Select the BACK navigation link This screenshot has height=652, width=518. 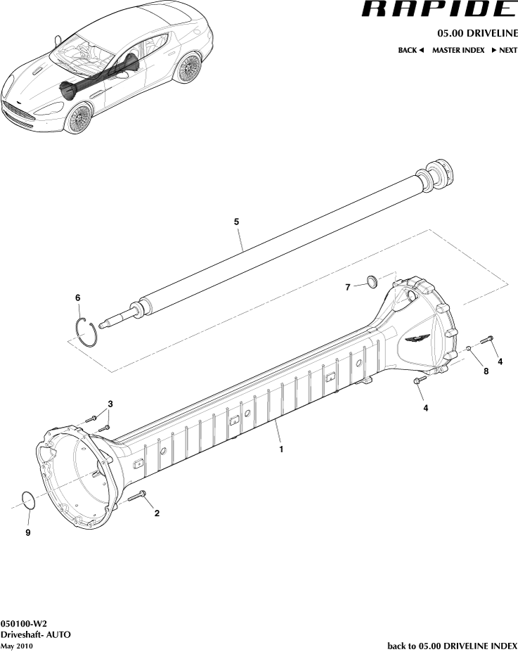pyautogui.click(x=411, y=51)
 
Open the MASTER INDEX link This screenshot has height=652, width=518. pyautogui.click(x=458, y=51)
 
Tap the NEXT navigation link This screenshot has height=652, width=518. pyautogui.click(x=504, y=51)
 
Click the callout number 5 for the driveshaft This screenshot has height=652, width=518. pyautogui.click(x=237, y=222)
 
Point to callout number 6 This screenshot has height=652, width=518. pyautogui.click(x=78, y=298)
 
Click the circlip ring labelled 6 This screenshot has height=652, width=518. pyautogui.click(x=87, y=331)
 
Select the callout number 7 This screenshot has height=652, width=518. pyautogui.click(x=347, y=287)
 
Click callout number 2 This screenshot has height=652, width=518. pyautogui.click(x=157, y=513)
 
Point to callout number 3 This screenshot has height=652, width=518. pyautogui.click(x=110, y=403)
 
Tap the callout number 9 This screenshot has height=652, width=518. pyautogui.click(x=28, y=533)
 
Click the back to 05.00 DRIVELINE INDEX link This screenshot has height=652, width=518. pyautogui.click(x=452, y=646)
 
